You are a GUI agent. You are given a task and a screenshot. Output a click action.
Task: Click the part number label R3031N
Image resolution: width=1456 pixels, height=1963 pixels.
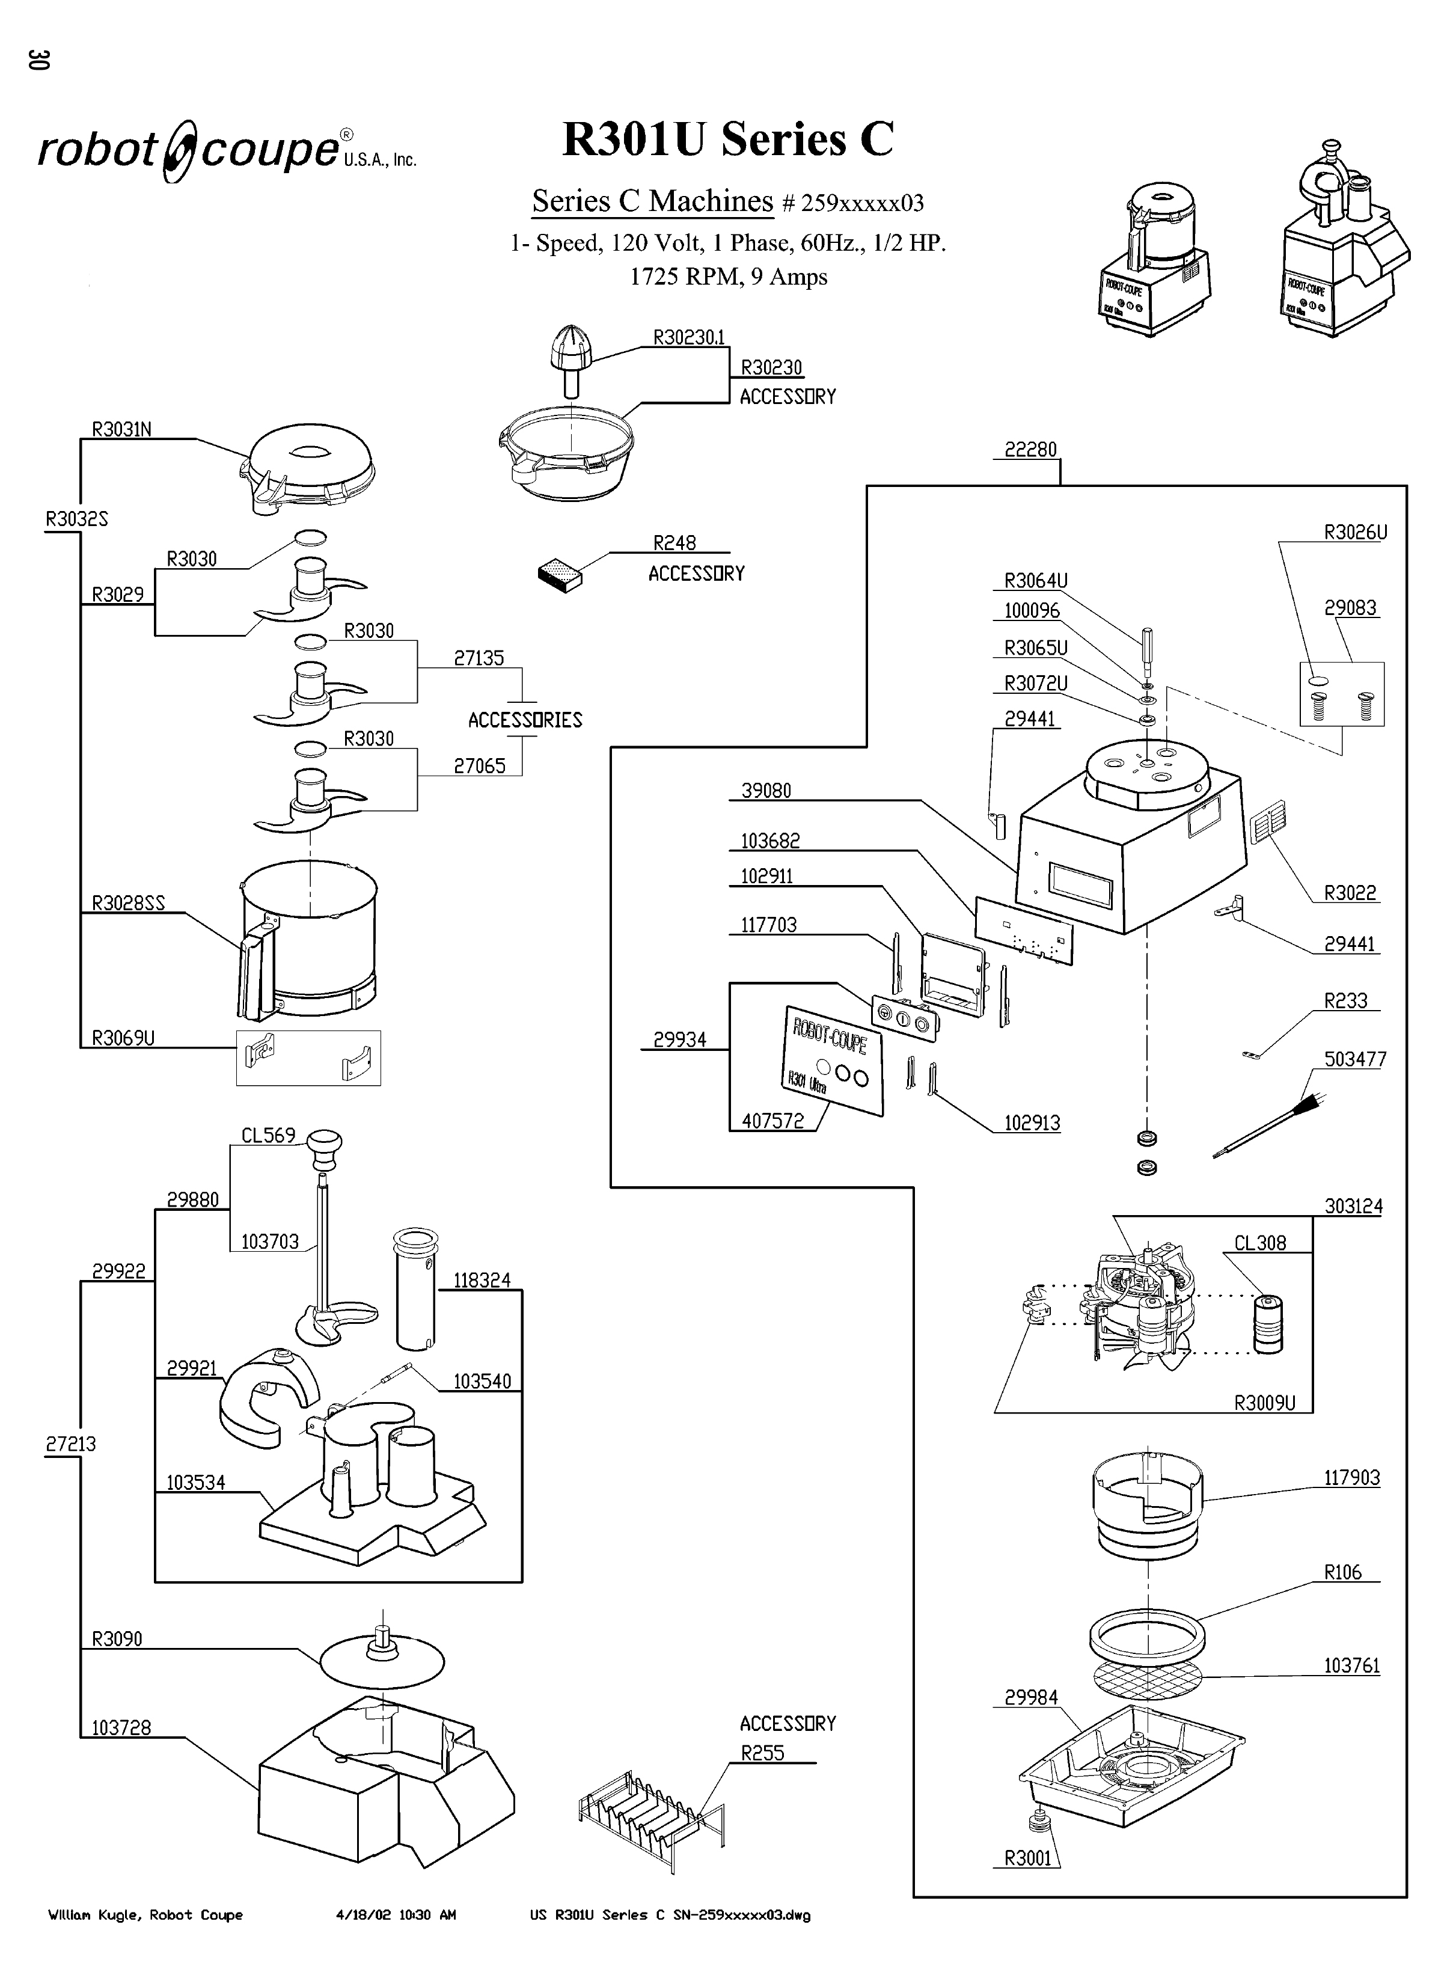pos(121,429)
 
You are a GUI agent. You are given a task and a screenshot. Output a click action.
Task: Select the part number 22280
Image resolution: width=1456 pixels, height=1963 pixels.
pos(1029,450)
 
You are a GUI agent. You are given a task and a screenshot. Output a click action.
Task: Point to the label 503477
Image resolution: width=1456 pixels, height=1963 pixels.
pos(1354,1059)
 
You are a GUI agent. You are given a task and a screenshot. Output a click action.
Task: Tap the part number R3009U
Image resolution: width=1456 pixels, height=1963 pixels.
pos(1264,1403)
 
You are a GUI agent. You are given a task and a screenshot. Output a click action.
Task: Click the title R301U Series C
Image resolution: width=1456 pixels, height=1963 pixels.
pos(728,139)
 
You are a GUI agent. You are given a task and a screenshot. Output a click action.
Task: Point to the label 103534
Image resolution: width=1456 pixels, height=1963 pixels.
pos(195,1483)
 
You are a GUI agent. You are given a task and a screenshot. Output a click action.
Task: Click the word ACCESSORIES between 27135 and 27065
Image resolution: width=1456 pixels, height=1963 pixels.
pos(525,720)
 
